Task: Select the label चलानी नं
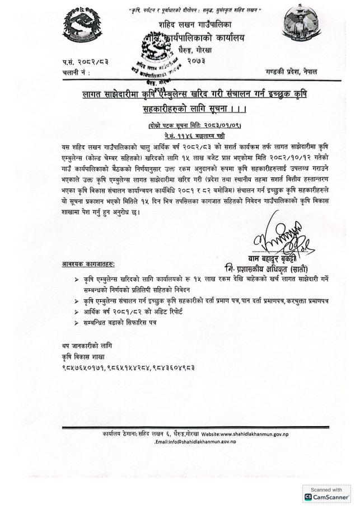(75, 73)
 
